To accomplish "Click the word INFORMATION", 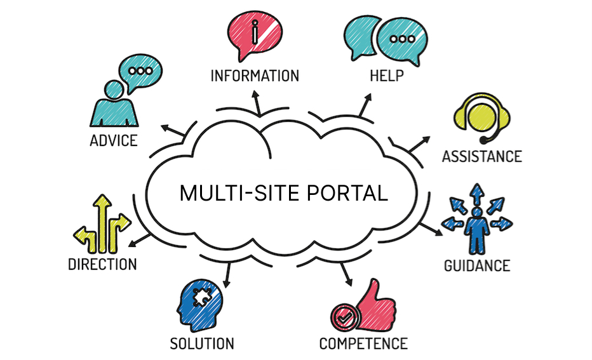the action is [255, 76].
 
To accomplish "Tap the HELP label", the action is [387, 76].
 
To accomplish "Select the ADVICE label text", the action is [114, 141].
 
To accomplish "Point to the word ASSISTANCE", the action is [482, 157].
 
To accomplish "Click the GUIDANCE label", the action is [477, 266].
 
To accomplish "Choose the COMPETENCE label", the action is [363, 343].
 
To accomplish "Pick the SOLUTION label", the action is [202, 343].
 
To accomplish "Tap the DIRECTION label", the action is [102, 265].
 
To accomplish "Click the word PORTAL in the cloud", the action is [347, 193].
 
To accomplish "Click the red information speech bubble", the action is [255, 35].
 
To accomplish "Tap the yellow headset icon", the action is [482, 117].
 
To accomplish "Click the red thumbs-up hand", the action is [375, 305].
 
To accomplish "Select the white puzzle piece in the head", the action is [202, 297].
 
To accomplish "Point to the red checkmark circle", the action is [345, 317].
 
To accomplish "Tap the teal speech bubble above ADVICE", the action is [140, 72].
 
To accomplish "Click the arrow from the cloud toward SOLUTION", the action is [227, 275].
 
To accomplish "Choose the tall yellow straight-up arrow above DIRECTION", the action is [102, 223].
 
